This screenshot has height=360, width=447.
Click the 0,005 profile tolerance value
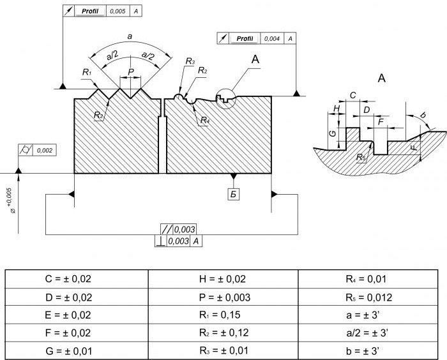117,11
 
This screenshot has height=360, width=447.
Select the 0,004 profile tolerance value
272,38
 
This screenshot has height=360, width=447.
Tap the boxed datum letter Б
234,195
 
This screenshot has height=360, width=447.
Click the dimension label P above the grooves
131,72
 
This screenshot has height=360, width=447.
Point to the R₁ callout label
87,72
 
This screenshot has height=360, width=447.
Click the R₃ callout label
190,61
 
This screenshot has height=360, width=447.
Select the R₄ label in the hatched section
205,120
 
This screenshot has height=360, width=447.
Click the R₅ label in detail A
361,157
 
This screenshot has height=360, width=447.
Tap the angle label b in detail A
423,115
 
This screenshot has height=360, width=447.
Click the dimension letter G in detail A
333,133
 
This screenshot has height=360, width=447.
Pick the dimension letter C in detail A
352,95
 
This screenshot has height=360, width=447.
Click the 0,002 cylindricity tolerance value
45,150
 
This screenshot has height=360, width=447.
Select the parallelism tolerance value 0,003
185,229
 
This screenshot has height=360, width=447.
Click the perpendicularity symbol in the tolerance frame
160,241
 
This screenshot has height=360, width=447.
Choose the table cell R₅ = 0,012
369,297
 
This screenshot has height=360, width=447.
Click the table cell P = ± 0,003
225,297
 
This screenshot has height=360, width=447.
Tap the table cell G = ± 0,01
69,351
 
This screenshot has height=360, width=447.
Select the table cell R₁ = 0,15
220,315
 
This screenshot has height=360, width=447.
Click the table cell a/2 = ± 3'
367,333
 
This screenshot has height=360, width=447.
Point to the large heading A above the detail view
382,78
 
